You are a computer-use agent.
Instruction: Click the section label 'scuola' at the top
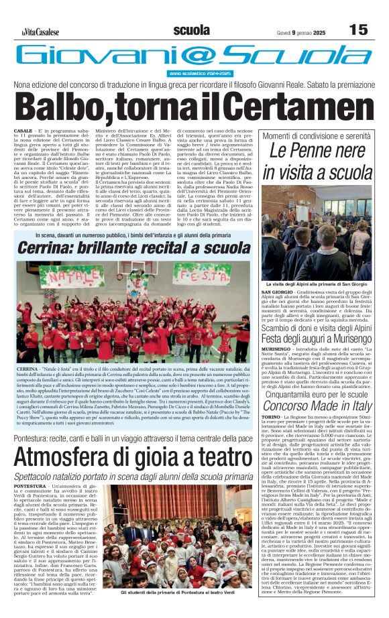[190, 30]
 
